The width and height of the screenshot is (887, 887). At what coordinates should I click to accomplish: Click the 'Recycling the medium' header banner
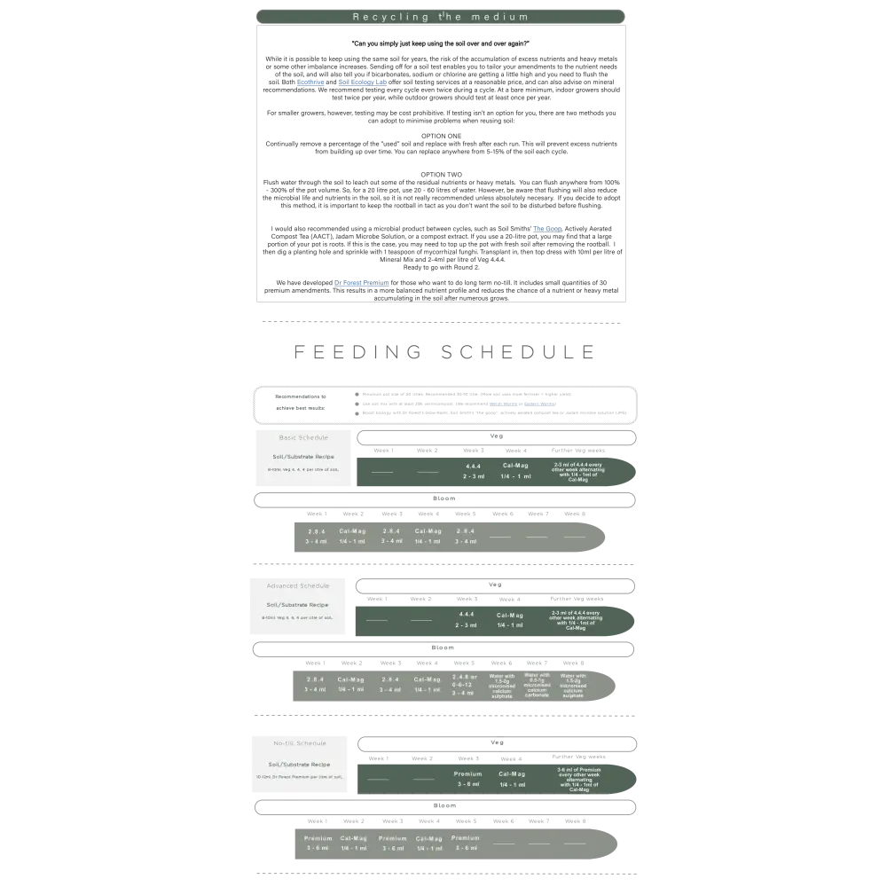[441, 17]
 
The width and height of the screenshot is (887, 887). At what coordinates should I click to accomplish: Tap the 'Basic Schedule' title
[303, 437]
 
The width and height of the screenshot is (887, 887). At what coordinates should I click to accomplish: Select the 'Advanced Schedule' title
[298, 585]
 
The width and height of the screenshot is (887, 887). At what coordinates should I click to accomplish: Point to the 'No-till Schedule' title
[299, 742]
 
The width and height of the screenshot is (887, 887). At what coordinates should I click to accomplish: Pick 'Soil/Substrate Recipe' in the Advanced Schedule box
[298, 604]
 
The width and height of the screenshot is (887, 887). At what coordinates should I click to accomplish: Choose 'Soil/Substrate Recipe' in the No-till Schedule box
[299, 764]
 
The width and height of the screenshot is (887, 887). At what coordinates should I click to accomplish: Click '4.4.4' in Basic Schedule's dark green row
[474, 466]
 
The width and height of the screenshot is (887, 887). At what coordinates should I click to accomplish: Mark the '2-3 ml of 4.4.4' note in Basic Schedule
[582, 472]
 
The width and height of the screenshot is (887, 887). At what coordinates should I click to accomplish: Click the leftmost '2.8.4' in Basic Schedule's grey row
[317, 530]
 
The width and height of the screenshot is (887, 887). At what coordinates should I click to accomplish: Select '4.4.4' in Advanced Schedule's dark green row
[467, 614]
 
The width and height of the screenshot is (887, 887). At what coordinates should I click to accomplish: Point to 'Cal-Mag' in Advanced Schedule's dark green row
[510, 615]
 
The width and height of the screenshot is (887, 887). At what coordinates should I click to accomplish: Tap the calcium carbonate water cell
[537, 685]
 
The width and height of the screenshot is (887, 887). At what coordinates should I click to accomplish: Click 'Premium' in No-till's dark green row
[468, 773]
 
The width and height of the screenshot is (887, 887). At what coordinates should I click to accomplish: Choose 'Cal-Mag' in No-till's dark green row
[512, 773]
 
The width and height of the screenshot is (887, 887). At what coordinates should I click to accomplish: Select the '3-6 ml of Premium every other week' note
[579, 779]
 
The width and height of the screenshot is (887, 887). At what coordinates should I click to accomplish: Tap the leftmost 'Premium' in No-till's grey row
[318, 838]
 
